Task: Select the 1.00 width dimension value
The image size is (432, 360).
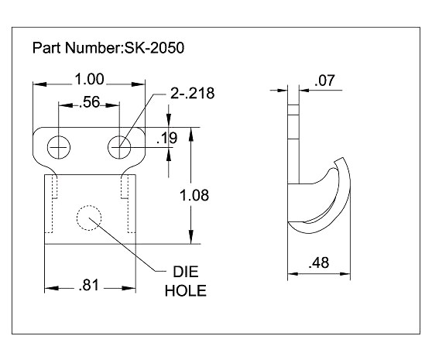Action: pyautogui.click(x=90, y=78)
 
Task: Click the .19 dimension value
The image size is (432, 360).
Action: pyautogui.click(x=166, y=139)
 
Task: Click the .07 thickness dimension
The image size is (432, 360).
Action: pyautogui.click(x=324, y=79)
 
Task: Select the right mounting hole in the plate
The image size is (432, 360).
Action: pyautogui.click(x=119, y=145)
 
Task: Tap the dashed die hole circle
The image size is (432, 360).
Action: pyautogui.click(x=89, y=218)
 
